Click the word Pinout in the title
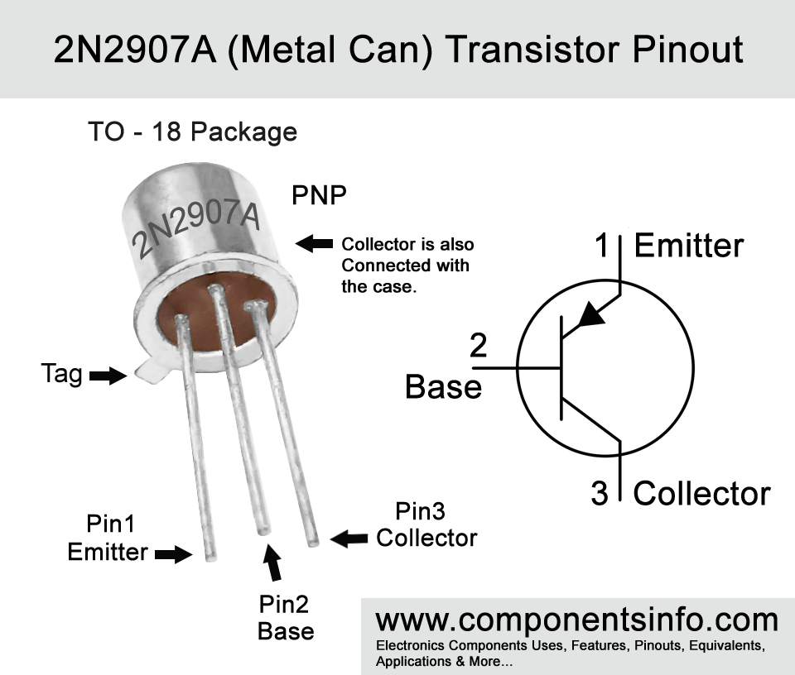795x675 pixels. tap(687, 50)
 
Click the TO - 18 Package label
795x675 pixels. tap(193, 132)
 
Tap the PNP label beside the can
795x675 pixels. tap(319, 195)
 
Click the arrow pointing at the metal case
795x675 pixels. tap(314, 243)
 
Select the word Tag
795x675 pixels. tap(61, 374)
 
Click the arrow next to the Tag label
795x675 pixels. tap(108, 376)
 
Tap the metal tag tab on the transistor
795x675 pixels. tap(152, 370)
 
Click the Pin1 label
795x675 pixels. tap(110, 524)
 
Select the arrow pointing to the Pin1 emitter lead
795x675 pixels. tap(173, 554)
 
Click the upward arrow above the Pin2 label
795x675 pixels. tap(272, 562)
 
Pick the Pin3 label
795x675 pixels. tap(420, 511)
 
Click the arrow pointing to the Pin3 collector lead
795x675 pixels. tap(349, 539)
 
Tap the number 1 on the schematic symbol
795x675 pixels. tap(601, 245)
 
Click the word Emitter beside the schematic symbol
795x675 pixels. tap(689, 246)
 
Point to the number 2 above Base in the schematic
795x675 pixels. tap(478, 345)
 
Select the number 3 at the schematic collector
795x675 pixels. tap(600, 493)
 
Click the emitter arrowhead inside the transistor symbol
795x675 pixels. tap(591, 315)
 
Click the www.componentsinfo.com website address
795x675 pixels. tap(577, 620)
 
